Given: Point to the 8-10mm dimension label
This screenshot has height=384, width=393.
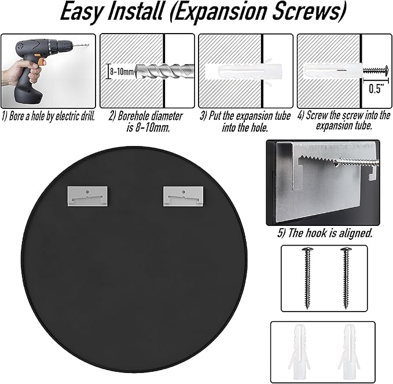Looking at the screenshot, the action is point(122,72).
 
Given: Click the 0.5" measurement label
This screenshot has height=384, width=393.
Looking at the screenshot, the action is point(376,89).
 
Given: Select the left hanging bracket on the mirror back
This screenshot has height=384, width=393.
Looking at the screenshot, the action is point(87,196).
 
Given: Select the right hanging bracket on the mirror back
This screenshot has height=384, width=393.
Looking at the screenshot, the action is point(183,196).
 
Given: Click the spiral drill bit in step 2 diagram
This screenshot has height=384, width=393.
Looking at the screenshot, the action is point(164,71).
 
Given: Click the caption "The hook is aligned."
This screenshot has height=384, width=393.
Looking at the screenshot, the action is point(325,233).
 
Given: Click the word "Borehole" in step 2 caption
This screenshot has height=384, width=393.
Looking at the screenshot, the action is point(134,116).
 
